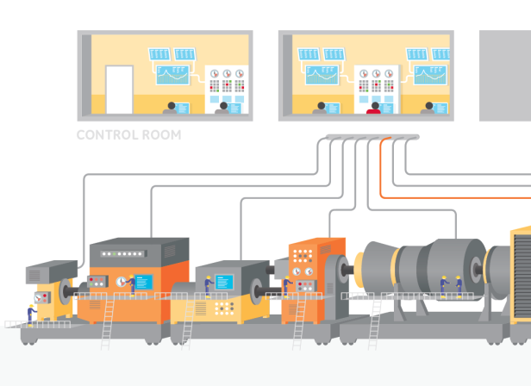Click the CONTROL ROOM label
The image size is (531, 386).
128,134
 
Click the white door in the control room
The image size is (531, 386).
119,90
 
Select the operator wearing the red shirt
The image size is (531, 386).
374,108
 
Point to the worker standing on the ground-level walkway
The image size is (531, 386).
31,315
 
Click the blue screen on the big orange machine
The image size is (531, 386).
144,282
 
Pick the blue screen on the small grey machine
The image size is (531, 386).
224,282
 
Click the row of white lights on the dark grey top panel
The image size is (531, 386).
123,253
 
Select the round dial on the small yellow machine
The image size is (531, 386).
39,298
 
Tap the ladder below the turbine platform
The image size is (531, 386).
375,323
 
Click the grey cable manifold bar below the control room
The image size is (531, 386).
372,137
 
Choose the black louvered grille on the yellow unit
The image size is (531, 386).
522,275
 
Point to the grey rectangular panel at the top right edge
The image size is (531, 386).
505,76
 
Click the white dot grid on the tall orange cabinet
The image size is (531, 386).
303,256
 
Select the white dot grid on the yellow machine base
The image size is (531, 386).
224,308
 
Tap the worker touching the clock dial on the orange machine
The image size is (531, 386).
131,285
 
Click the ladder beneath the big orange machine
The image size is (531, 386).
108,323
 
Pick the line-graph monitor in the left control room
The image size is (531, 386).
172,75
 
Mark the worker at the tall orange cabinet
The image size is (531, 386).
288,286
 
